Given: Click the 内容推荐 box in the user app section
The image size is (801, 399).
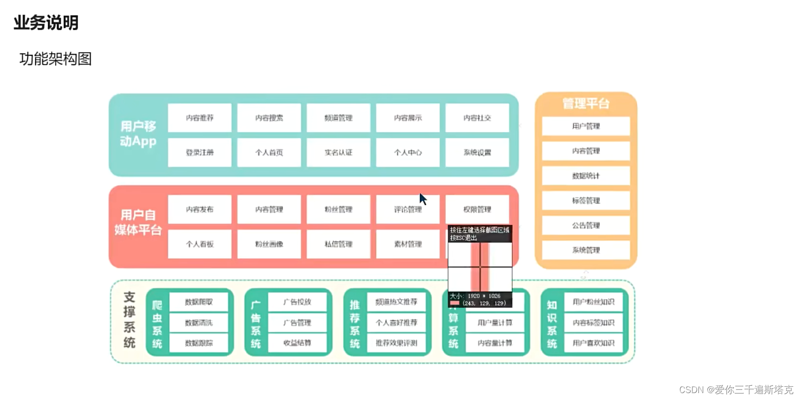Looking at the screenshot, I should (x=200, y=118).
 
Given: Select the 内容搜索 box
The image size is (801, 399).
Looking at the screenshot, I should (x=269, y=118).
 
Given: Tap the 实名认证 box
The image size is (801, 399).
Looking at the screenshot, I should (x=338, y=152).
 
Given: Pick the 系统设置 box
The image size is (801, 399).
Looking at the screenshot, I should (x=477, y=152).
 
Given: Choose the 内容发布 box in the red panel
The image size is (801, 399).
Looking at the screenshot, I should (x=200, y=210).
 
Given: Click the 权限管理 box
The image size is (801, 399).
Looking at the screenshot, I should (x=477, y=210).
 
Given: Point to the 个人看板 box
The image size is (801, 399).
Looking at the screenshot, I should (x=200, y=244).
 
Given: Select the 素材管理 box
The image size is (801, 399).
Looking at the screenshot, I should (x=408, y=244).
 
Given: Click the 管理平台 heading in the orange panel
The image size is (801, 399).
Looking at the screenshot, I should (x=586, y=104).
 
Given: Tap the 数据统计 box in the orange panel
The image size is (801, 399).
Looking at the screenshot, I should (x=586, y=176).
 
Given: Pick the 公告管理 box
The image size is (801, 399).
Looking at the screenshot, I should (x=586, y=225).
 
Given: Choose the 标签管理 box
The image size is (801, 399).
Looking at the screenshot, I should (x=586, y=201).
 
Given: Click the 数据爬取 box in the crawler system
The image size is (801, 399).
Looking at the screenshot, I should (x=199, y=302).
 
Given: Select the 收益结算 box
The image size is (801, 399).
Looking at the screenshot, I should (x=297, y=343).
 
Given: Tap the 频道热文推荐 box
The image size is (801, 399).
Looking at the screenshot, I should (x=397, y=302).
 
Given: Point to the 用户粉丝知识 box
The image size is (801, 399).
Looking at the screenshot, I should (x=593, y=302).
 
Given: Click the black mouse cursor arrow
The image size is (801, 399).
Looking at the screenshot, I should (x=423, y=199).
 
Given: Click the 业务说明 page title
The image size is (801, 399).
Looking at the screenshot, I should (x=46, y=23).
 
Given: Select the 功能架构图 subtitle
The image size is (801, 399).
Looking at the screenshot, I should (x=56, y=59).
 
